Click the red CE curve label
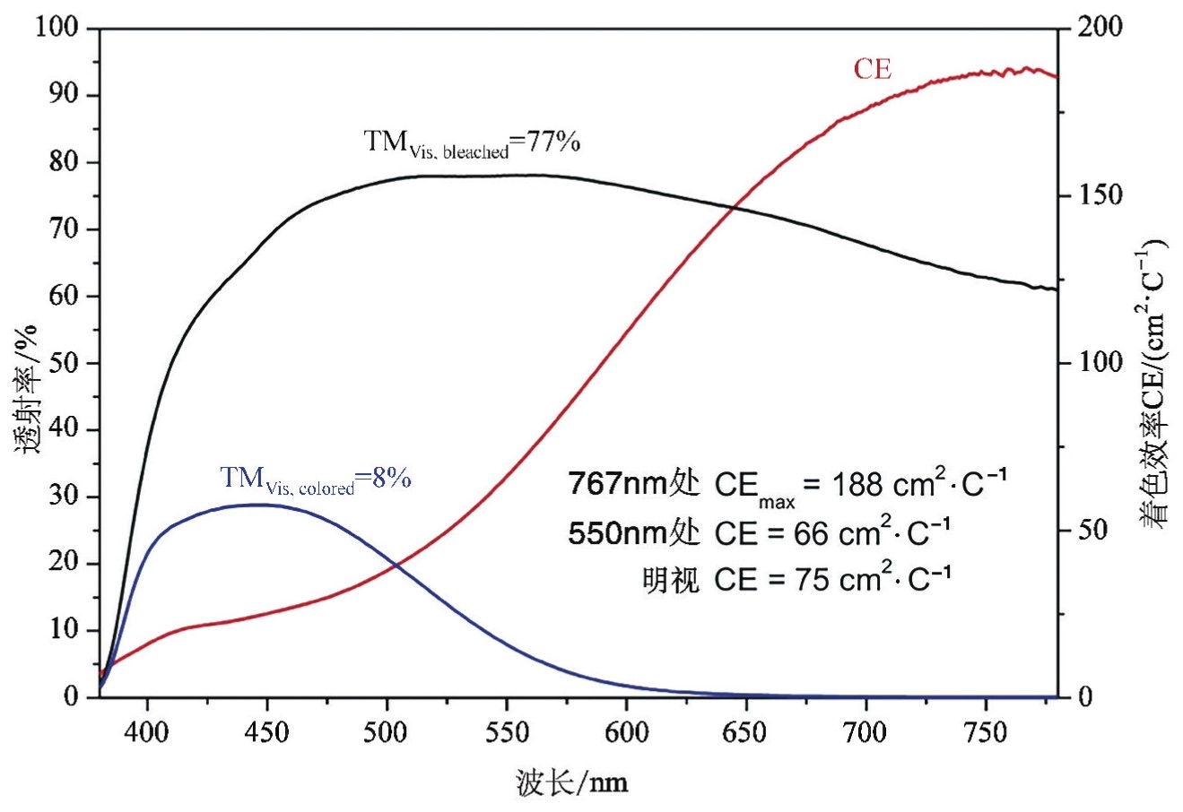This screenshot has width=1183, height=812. (x=872, y=69)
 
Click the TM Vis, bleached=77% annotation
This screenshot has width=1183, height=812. (x=472, y=143)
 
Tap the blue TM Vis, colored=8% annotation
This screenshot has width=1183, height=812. (x=316, y=479)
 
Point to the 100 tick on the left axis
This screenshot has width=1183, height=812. (x=57, y=28)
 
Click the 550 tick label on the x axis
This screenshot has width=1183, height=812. (x=506, y=733)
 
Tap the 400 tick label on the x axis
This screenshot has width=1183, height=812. (x=147, y=733)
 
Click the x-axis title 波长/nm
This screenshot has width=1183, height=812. (x=572, y=783)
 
